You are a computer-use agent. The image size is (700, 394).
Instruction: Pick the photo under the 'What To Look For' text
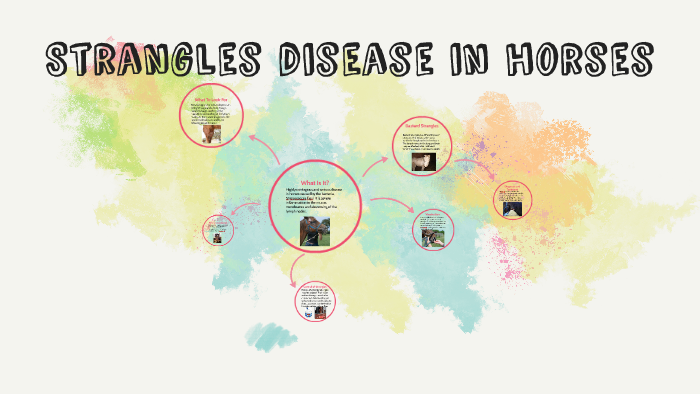212,136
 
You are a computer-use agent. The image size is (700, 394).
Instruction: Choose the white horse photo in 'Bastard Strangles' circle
424,160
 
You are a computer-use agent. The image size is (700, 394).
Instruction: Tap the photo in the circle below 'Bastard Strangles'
432,238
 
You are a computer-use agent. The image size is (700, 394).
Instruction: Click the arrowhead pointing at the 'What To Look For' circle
252,138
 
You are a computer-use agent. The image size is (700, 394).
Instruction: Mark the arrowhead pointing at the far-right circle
491,194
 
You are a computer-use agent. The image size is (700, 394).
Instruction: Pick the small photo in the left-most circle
215,238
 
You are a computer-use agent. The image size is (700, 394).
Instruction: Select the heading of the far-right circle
511,186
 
